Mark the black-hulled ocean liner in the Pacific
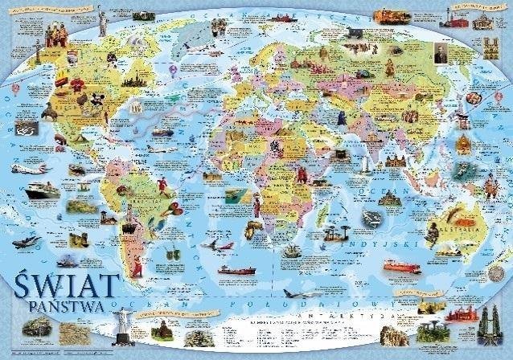pyautogui.click(x=42, y=191)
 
